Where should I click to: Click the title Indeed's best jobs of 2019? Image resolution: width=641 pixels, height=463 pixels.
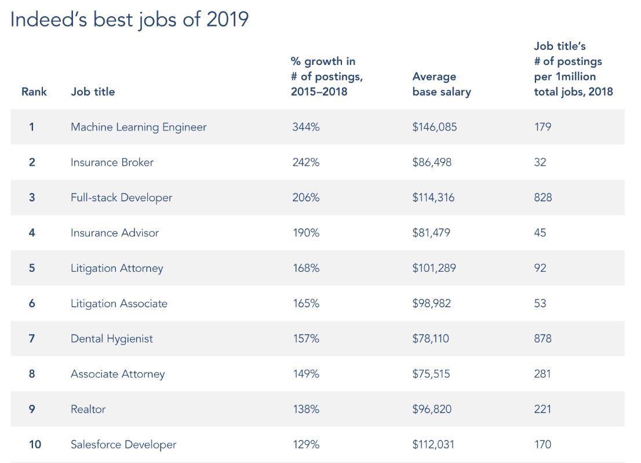pyautogui.click(x=129, y=19)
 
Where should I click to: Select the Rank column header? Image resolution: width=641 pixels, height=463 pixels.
pyautogui.click(x=34, y=92)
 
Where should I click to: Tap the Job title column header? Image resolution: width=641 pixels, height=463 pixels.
pyautogui.click(x=93, y=92)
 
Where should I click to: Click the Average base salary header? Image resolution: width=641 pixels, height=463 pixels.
pyautogui.click(x=441, y=84)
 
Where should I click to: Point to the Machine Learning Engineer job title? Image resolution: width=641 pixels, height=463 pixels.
pyautogui.click(x=139, y=127)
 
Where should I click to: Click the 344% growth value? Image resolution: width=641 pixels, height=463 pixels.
pyautogui.click(x=305, y=127)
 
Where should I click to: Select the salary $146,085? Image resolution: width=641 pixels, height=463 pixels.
pyautogui.click(x=434, y=127)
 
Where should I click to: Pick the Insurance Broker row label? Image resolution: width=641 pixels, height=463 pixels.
pyautogui.click(x=112, y=162)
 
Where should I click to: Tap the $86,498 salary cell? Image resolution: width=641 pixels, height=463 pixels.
pyautogui.click(x=432, y=162)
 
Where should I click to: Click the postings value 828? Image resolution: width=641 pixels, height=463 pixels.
pyautogui.click(x=543, y=198)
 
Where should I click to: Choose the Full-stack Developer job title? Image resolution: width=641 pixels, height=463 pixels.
pyautogui.click(x=121, y=198)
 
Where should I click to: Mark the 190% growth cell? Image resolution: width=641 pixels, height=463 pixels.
pyautogui.click(x=306, y=233)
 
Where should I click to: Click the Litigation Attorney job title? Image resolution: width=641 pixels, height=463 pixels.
pyautogui.click(x=116, y=268)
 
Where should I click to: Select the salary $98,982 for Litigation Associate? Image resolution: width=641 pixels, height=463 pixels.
pyautogui.click(x=431, y=304)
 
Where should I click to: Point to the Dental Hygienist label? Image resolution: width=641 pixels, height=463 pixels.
pyautogui.click(x=112, y=338)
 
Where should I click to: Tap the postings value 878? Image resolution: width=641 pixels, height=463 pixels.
pyautogui.click(x=543, y=338)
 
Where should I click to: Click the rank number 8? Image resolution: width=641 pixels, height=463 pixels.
pyautogui.click(x=32, y=374)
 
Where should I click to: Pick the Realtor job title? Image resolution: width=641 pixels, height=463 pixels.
pyautogui.click(x=88, y=409)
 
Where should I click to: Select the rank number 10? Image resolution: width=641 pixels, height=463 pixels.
pyautogui.click(x=35, y=444)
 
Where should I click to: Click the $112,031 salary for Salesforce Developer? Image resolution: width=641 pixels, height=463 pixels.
pyautogui.click(x=433, y=444)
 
